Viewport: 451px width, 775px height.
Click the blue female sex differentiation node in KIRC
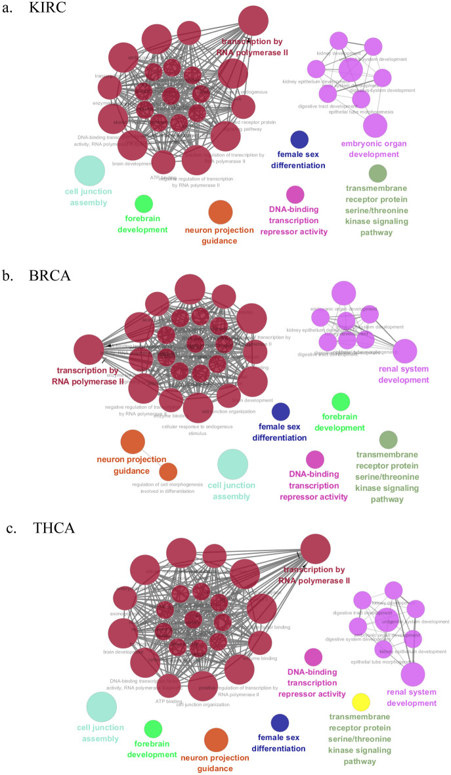coord(299,139)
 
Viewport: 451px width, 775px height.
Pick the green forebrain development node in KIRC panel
coord(143,203)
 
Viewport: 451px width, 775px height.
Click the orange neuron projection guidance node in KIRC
coord(221,213)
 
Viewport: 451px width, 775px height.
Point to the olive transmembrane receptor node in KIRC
coord(377,173)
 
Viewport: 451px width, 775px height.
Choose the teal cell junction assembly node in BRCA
coord(232,465)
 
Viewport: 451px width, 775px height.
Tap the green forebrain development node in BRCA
coord(341,402)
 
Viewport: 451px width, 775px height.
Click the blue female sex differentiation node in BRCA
coord(281,411)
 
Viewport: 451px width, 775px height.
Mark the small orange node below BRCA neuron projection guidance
coord(169,471)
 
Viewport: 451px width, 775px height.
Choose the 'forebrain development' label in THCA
coord(153,749)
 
